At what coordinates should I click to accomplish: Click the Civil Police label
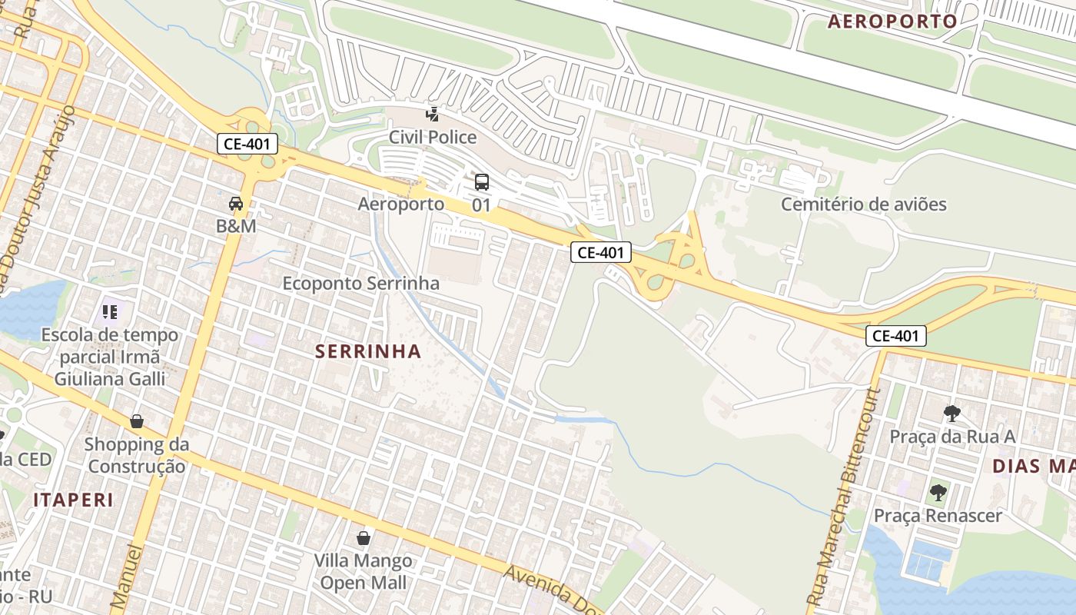[x=432, y=138]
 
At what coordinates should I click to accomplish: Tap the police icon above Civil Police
[x=433, y=115]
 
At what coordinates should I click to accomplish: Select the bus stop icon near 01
[x=482, y=182]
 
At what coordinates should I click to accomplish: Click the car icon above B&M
[x=236, y=204]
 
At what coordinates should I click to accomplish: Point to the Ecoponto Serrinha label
[x=360, y=283]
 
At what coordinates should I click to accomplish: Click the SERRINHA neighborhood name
[x=368, y=351]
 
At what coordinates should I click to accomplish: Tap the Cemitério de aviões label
[x=863, y=204]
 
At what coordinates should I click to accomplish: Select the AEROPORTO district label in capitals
[x=892, y=22]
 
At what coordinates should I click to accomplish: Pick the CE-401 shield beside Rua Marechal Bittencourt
[x=895, y=335]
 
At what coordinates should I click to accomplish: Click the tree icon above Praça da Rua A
[x=952, y=414]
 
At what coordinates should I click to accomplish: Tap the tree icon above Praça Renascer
[x=938, y=492]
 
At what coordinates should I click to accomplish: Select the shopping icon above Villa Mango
[x=364, y=537]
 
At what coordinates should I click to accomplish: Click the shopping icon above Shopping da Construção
[x=137, y=421]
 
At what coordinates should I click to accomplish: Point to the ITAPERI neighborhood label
[x=73, y=500]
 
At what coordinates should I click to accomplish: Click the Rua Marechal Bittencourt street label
[x=841, y=496]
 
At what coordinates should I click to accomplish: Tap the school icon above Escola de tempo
[x=110, y=312]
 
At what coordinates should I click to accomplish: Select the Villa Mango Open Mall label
[x=363, y=571]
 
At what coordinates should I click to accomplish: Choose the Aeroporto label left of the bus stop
[x=400, y=204]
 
